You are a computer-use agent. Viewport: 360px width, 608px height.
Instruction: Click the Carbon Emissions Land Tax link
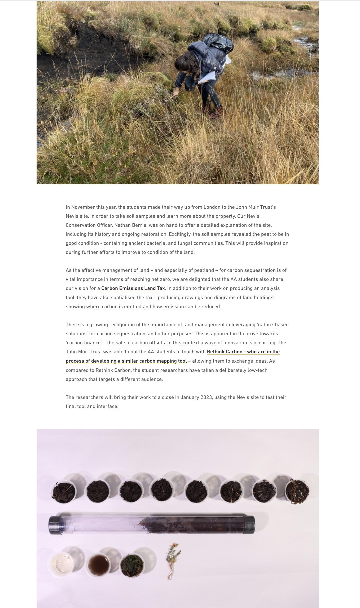pos(133,288)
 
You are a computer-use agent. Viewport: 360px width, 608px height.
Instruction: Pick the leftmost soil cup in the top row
pos(64,492)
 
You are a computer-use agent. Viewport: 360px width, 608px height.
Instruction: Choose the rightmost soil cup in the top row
pos(297,491)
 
